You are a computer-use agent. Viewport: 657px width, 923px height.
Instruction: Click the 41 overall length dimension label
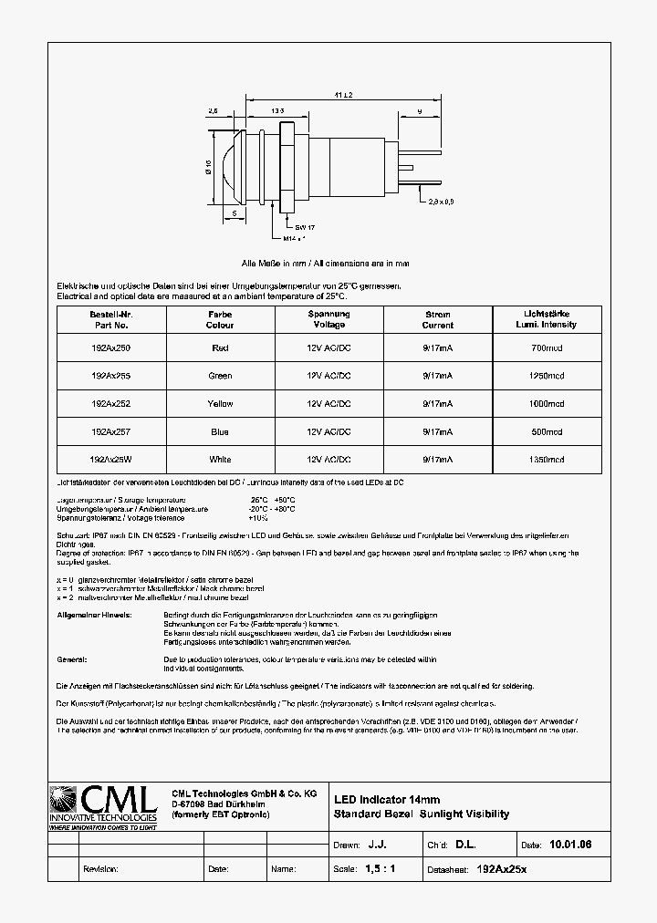pyautogui.click(x=344, y=95)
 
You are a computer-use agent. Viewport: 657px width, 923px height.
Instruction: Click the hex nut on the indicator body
pyautogui.click(x=290, y=167)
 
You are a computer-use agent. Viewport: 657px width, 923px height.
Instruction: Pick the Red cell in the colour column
pyautogui.click(x=220, y=347)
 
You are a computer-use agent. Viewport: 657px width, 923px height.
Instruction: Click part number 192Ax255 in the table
pyautogui.click(x=110, y=375)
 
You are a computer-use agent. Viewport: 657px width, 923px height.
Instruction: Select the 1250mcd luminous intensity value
pyautogui.click(x=547, y=375)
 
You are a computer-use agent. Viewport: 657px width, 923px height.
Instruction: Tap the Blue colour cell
pyautogui.click(x=220, y=432)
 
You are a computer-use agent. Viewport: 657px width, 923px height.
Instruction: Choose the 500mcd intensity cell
pyautogui.click(x=547, y=432)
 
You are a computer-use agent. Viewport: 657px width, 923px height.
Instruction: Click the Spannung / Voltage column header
pyautogui.click(x=328, y=319)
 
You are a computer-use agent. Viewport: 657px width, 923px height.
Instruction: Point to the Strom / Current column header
pyautogui.click(x=438, y=319)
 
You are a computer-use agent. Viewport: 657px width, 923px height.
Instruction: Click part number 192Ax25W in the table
pyautogui.click(x=110, y=461)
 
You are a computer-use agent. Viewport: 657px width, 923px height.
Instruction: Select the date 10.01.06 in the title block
pyautogui.click(x=570, y=845)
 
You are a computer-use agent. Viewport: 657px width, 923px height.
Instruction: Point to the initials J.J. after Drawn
pyautogui.click(x=377, y=845)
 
